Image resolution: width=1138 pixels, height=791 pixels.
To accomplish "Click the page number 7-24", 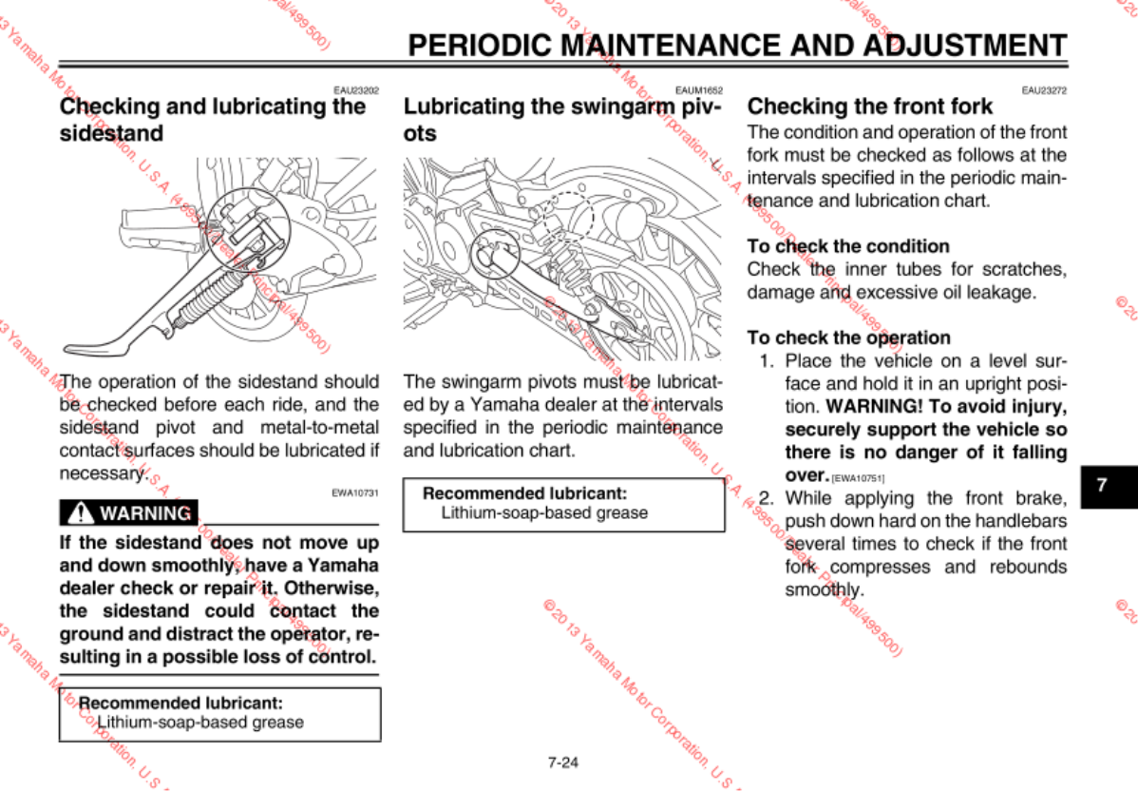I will pyautogui.click(x=563, y=762).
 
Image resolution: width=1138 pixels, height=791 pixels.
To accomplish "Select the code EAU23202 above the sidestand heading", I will pyautogui.click(x=356, y=91).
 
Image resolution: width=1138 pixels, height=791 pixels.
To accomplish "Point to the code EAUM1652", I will pyautogui.click(x=699, y=91).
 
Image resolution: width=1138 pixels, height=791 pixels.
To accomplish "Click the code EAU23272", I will pyautogui.click(x=1044, y=91).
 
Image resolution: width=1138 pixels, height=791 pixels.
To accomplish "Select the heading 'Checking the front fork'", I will pyautogui.click(x=870, y=106).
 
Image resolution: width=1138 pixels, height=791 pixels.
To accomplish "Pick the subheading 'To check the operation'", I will pyautogui.click(x=848, y=338).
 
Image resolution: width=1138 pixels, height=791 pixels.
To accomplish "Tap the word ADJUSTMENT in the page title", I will pyautogui.click(x=966, y=46).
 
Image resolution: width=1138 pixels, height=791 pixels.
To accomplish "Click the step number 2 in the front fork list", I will pyautogui.click(x=766, y=498).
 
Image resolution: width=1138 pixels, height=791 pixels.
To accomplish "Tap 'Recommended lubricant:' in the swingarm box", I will pyautogui.click(x=524, y=493).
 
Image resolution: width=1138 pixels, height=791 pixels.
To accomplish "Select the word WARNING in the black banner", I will pyautogui.click(x=145, y=513).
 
